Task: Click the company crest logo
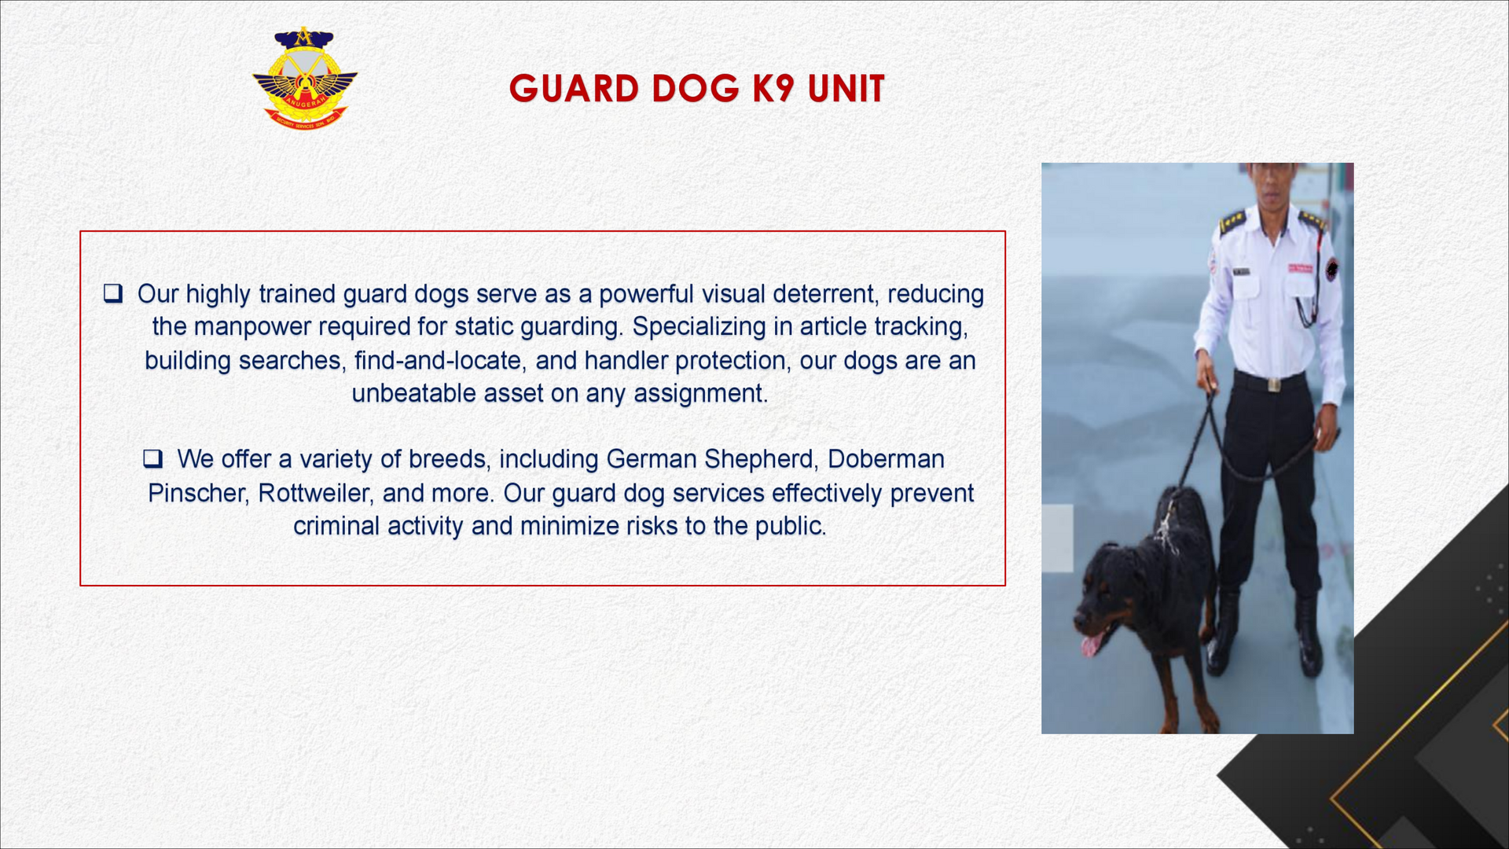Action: click(x=305, y=78)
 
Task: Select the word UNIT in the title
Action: click(x=846, y=88)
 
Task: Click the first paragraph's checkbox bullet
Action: click(x=113, y=294)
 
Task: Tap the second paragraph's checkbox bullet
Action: click(x=152, y=459)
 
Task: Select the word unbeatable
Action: click(x=413, y=393)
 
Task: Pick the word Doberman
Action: click(x=886, y=459)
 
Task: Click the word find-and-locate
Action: click(x=438, y=361)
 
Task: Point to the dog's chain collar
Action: click(x=1166, y=525)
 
